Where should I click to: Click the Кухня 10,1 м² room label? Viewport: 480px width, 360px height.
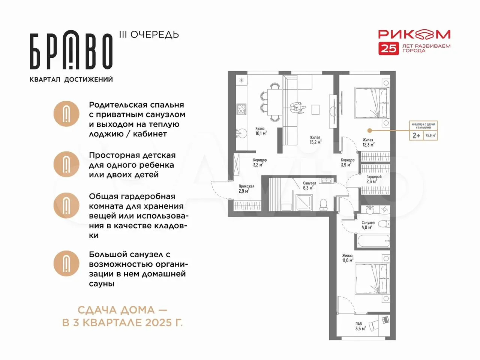point(261,131)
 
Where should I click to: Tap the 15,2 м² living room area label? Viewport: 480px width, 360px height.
point(315,140)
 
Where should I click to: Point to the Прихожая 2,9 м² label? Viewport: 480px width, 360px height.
point(246,189)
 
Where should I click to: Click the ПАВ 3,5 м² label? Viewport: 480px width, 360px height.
point(360,326)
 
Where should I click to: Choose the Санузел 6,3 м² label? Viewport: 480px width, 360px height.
point(309,186)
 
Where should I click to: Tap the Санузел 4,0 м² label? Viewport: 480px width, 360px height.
point(368,225)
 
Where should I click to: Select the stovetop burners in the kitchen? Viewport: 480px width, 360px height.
point(241,109)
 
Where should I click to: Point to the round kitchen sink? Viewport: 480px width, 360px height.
point(242,133)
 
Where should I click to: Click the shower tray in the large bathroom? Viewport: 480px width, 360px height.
point(304,202)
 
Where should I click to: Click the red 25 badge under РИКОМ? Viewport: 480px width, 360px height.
point(388,48)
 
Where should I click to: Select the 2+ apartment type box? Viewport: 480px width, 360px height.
point(416,135)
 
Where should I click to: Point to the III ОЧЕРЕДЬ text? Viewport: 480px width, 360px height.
point(149,35)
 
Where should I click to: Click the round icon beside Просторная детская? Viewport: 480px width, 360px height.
point(66,164)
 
